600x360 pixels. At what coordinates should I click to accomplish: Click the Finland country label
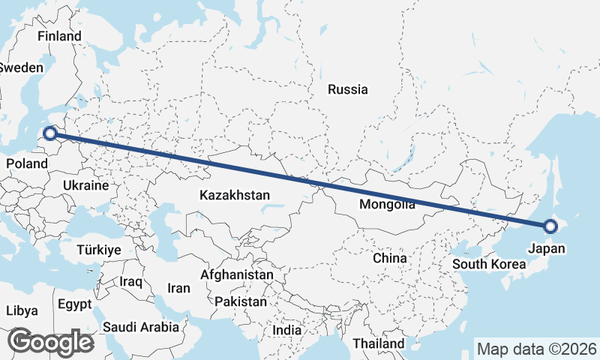[x=59, y=36]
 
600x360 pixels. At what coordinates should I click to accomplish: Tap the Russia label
[x=348, y=89]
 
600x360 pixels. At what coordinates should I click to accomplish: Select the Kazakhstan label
[x=235, y=195]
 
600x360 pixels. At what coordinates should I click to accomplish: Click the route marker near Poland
[x=50, y=133]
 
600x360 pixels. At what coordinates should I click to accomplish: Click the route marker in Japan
[x=550, y=226]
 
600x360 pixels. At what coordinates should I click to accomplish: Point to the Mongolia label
[x=387, y=205]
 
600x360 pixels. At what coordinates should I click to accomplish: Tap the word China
[x=389, y=258]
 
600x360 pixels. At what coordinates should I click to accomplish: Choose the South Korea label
[x=489, y=264]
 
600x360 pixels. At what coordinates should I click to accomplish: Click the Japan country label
[x=547, y=248]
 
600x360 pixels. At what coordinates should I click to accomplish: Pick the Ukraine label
[x=85, y=184]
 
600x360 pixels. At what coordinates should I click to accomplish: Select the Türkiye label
[x=99, y=250]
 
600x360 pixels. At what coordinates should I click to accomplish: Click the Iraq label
[x=130, y=281]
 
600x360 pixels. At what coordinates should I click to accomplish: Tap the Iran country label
[x=178, y=288]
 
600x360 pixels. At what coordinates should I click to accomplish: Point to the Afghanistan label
[x=237, y=274]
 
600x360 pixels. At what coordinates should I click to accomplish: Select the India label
[x=286, y=329]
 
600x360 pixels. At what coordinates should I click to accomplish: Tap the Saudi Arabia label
[x=141, y=327]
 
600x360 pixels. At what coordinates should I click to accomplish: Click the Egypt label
[x=74, y=304]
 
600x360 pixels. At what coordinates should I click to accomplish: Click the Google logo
[x=50, y=342]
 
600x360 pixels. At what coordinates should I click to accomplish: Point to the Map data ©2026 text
[x=537, y=349]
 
